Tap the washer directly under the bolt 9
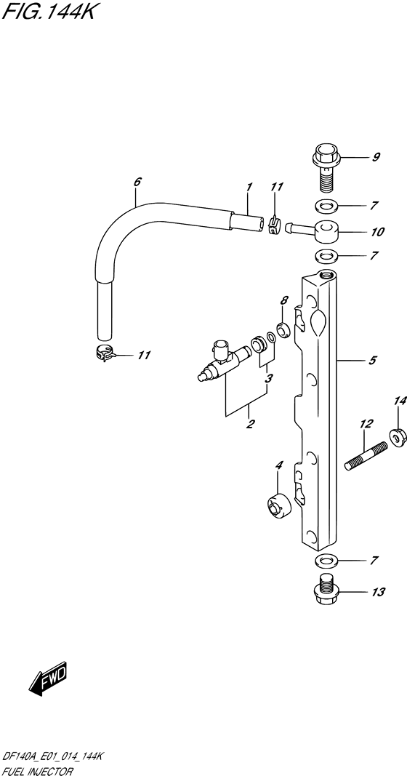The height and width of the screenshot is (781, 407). (326, 205)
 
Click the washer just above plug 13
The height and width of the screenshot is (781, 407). (326, 561)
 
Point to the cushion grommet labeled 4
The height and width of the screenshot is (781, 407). (278, 507)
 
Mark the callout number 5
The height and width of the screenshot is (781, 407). (373, 360)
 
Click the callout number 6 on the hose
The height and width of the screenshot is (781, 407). (137, 181)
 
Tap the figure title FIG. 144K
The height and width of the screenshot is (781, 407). (48, 11)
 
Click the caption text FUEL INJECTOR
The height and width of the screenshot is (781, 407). (38, 772)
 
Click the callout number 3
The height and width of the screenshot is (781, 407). (268, 379)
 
